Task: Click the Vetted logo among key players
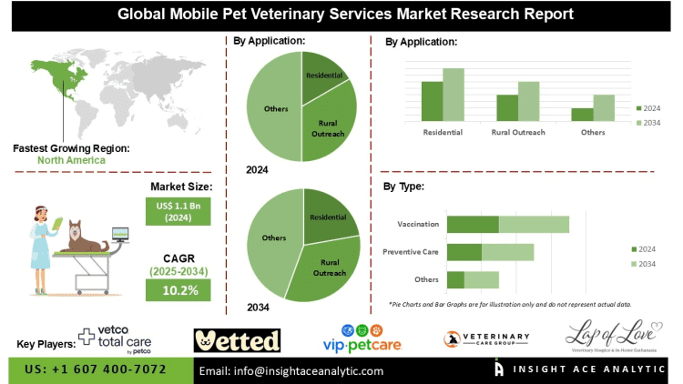point(237,340)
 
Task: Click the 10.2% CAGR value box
point(178,289)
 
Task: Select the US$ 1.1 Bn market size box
point(178,212)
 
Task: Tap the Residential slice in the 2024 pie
point(322,75)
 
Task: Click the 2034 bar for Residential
point(454,95)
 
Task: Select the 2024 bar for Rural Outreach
point(506,107)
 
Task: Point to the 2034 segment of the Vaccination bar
point(534,224)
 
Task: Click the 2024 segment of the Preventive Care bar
point(464,252)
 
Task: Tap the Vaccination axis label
point(419,224)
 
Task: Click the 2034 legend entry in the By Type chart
point(645,265)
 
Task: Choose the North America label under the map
point(71,160)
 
